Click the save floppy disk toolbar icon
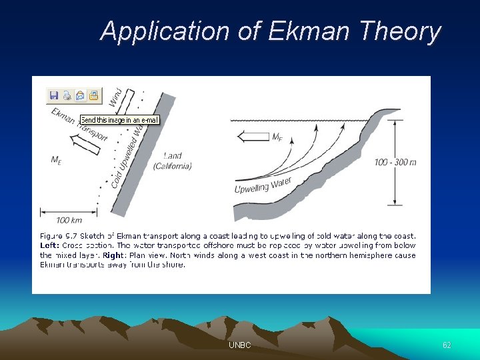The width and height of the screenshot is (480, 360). (54, 96)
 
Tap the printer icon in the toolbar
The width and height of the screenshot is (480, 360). (67, 96)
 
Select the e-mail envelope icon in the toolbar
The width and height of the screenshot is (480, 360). (80, 96)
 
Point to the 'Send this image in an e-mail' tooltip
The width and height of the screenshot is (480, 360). (119, 120)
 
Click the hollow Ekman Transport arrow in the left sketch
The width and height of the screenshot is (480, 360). (87, 141)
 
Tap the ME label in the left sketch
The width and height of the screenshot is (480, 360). (57, 159)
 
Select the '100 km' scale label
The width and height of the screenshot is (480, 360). (69, 221)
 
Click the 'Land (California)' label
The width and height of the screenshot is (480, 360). (172, 161)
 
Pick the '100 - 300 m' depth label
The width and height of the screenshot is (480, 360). (395, 162)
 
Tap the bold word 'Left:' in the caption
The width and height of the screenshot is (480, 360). (51, 245)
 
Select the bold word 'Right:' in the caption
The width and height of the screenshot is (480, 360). (113, 255)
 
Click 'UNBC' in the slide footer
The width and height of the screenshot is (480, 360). (240, 345)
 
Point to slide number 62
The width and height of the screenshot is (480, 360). (447, 345)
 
